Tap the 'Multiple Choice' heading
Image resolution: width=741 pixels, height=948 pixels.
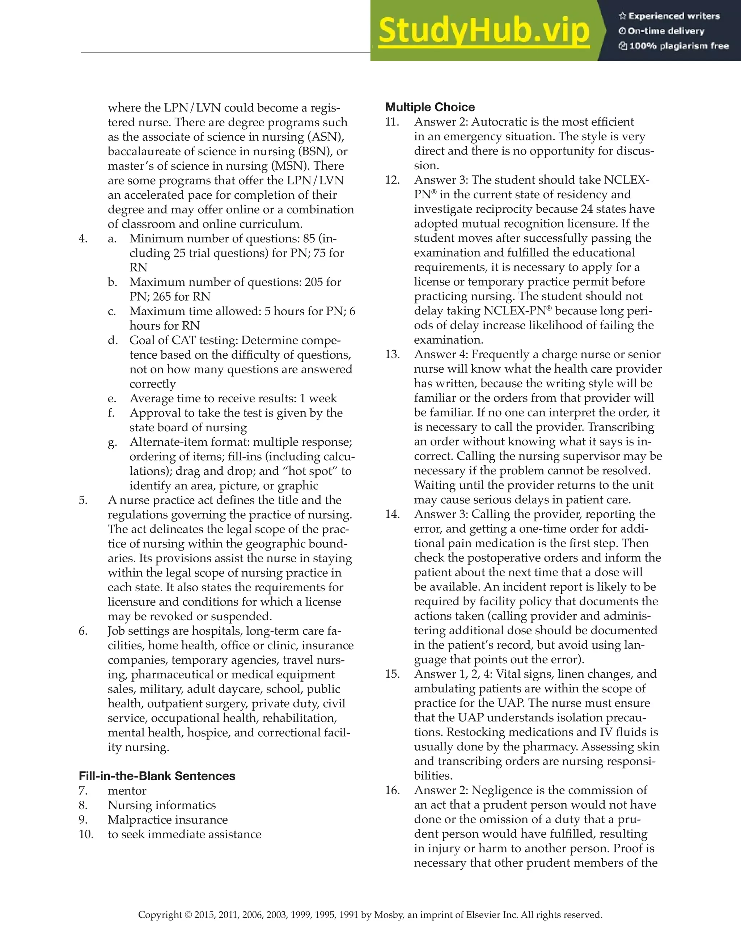[x=430, y=107]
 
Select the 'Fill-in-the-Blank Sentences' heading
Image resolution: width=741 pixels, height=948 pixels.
[x=157, y=776]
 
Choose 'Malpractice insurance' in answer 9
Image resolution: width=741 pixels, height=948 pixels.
[x=168, y=820]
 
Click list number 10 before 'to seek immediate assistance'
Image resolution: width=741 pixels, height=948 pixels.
[x=86, y=834]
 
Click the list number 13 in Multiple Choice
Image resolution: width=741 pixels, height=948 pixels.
[x=392, y=354]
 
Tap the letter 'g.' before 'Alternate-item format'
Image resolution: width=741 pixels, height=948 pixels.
[x=113, y=442]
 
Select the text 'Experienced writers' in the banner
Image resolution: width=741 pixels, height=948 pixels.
[x=674, y=16]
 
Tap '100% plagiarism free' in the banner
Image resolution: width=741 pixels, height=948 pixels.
[x=678, y=46]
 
